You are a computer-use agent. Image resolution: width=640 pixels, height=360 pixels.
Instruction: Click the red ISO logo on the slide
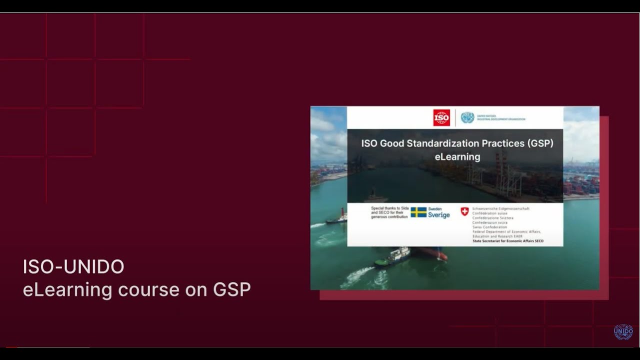(441, 117)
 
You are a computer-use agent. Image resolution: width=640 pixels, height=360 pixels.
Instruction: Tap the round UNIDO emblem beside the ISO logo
(467, 117)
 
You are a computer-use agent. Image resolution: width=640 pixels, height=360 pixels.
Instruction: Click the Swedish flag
(418, 212)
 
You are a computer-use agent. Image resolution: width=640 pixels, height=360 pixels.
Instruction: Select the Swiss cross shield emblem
(464, 211)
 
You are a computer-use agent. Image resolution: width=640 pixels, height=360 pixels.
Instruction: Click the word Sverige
(438, 215)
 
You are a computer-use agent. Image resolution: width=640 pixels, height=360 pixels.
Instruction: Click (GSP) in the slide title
(540, 143)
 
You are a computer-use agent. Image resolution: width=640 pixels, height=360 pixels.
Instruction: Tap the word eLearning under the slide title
(457, 157)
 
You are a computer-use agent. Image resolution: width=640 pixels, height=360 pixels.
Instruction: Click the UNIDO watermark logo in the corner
(623, 331)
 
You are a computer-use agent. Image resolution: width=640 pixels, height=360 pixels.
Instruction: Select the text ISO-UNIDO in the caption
(73, 267)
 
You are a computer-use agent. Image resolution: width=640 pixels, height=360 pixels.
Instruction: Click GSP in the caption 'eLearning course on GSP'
(232, 289)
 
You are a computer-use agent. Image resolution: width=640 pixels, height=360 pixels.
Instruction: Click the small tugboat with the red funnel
(337, 218)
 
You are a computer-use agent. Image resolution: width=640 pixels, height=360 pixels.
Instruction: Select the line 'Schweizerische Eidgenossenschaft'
(500, 208)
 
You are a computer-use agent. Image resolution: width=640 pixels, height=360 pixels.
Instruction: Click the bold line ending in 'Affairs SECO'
(508, 241)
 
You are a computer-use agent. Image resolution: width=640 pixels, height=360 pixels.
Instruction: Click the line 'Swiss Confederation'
(489, 227)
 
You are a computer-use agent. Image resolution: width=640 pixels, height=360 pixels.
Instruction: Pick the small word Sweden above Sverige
(435, 208)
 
